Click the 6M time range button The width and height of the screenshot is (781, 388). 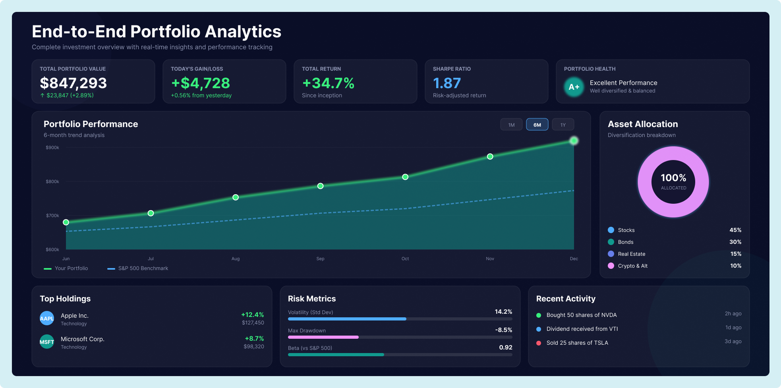pos(537,125)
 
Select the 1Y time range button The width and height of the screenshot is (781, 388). pos(563,125)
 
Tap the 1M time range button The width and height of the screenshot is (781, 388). pos(511,125)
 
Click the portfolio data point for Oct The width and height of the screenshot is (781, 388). pos(405,177)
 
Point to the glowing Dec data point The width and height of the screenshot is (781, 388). pos(574,141)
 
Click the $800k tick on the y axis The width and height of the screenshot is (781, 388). pos(52,181)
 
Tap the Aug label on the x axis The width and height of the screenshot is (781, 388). pos(236,259)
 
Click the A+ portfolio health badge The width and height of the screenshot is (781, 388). pos(574,87)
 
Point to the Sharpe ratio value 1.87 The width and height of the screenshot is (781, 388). pos(447,83)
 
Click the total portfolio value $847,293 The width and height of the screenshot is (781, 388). pos(73,83)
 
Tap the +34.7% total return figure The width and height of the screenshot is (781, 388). pos(328,83)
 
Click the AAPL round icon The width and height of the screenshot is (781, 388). pos(47,318)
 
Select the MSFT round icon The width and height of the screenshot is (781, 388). pos(47,342)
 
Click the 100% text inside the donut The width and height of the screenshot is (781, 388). pos(673,178)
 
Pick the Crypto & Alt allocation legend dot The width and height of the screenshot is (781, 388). pos(611,266)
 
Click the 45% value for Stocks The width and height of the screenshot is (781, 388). pos(735,230)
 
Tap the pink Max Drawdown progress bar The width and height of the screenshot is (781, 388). pos(323,337)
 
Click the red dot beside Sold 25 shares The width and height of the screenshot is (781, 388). pos(539,343)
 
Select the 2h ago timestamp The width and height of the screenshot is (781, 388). pos(733,313)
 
